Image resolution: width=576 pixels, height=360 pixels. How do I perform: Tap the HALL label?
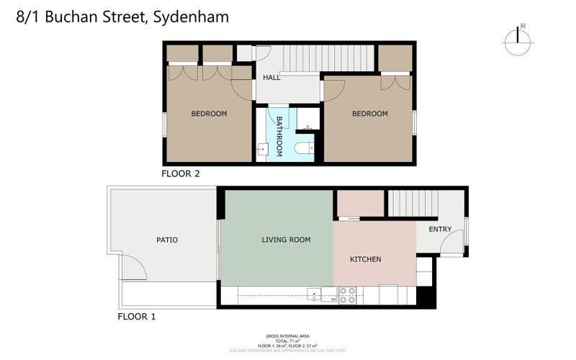[271, 78]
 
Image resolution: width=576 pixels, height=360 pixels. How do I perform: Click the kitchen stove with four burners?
[347, 294]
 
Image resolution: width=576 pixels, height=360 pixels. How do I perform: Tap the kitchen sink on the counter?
[315, 294]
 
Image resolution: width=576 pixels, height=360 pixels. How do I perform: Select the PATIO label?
[166, 240]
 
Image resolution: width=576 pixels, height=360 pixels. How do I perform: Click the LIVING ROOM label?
[286, 240]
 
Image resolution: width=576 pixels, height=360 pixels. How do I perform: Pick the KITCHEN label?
[365, 259]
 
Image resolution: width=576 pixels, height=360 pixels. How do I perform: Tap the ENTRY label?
[440, 230]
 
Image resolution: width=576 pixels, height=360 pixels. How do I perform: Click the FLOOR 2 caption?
[180, 174]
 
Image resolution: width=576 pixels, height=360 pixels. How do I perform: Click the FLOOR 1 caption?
[136, 316]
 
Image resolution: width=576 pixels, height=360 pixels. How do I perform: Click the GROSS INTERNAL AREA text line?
[288, 336]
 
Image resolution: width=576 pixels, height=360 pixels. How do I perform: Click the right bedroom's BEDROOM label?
[369, 114]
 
